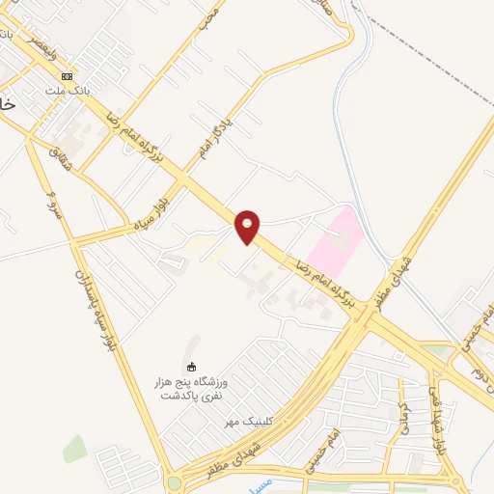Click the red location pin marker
pyautogui.click(x=248, y=226)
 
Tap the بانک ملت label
pyautogui.click(x=67, y=90)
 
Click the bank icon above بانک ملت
pyautogui.click(x=67, y=76)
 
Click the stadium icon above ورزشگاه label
pyautogui.click(x=191, y=366)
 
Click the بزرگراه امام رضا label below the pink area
pyautogui.click(x=326, y=283)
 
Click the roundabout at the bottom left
pyautogui.click(x=174, y=482)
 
